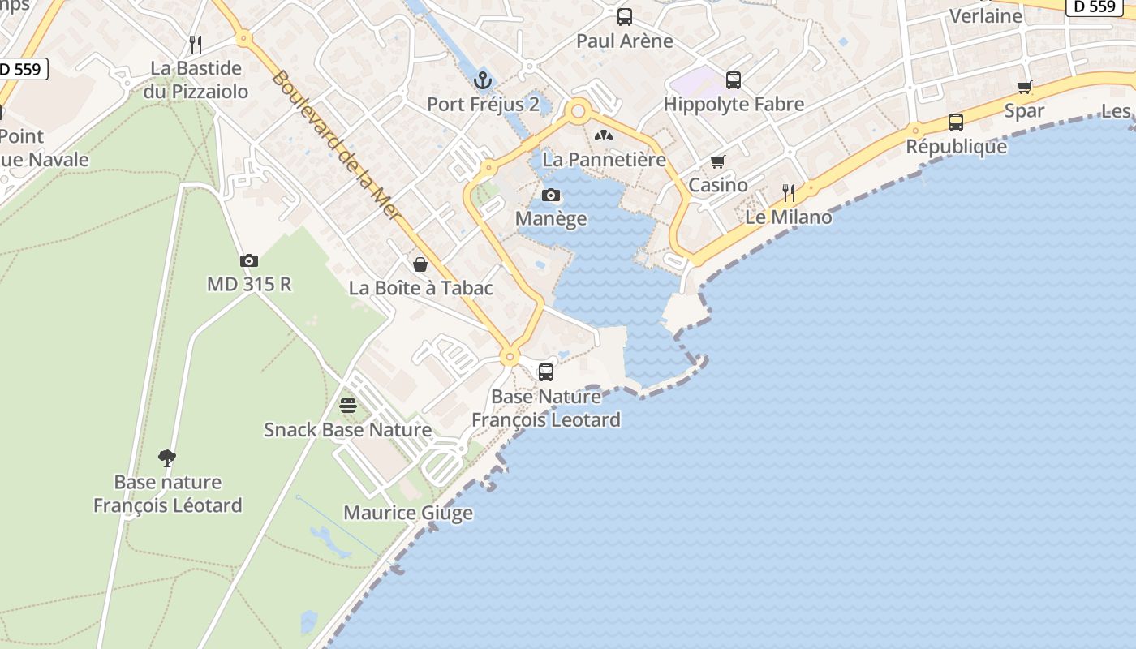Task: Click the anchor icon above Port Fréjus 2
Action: [483, 80]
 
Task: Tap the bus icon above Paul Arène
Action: [624, 16]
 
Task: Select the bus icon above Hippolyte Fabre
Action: [733, 80]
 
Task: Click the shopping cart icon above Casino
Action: [717, 162]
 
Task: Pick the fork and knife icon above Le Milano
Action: [788, 193]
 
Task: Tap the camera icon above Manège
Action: [551, 195]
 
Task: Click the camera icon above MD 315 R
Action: [249, 260]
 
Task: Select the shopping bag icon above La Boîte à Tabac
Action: [420, 264]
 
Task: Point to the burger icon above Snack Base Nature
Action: [348, 405]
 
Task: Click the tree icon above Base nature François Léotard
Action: [167, 458]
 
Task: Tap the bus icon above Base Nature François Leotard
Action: [546, 372]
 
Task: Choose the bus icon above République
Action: [956, 122]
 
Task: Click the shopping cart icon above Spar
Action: [1024, 88]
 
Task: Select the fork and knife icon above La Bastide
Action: [194, 44]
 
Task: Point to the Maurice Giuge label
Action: [408, 513]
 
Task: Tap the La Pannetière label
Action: [604, 159]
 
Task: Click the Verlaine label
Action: [985, 15]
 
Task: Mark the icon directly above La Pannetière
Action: [604, 135]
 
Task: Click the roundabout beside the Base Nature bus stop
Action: [510, 355]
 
